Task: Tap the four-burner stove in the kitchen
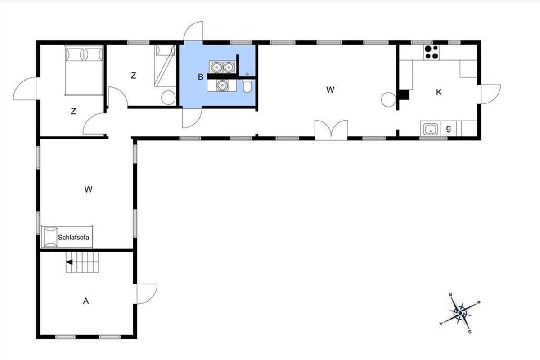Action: point(432,52)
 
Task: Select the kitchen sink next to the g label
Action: point(431,129)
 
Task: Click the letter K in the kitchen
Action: point(439,92)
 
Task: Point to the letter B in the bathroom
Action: point(201,77)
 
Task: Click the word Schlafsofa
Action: point(73,238)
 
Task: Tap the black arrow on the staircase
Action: point(69,262)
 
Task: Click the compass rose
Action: point(460,313)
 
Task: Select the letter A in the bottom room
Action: point(86,301)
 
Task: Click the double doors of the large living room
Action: point(331,130)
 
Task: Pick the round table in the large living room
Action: point(388,99)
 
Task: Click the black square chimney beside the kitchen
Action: point(404,95)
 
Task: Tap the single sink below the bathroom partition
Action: point(222,85)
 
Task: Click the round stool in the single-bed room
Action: point(168,98)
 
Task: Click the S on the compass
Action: point(470,332)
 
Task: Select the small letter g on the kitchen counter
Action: point(448,129)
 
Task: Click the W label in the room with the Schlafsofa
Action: point(89,189)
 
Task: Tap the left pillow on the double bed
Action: point(75,55)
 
